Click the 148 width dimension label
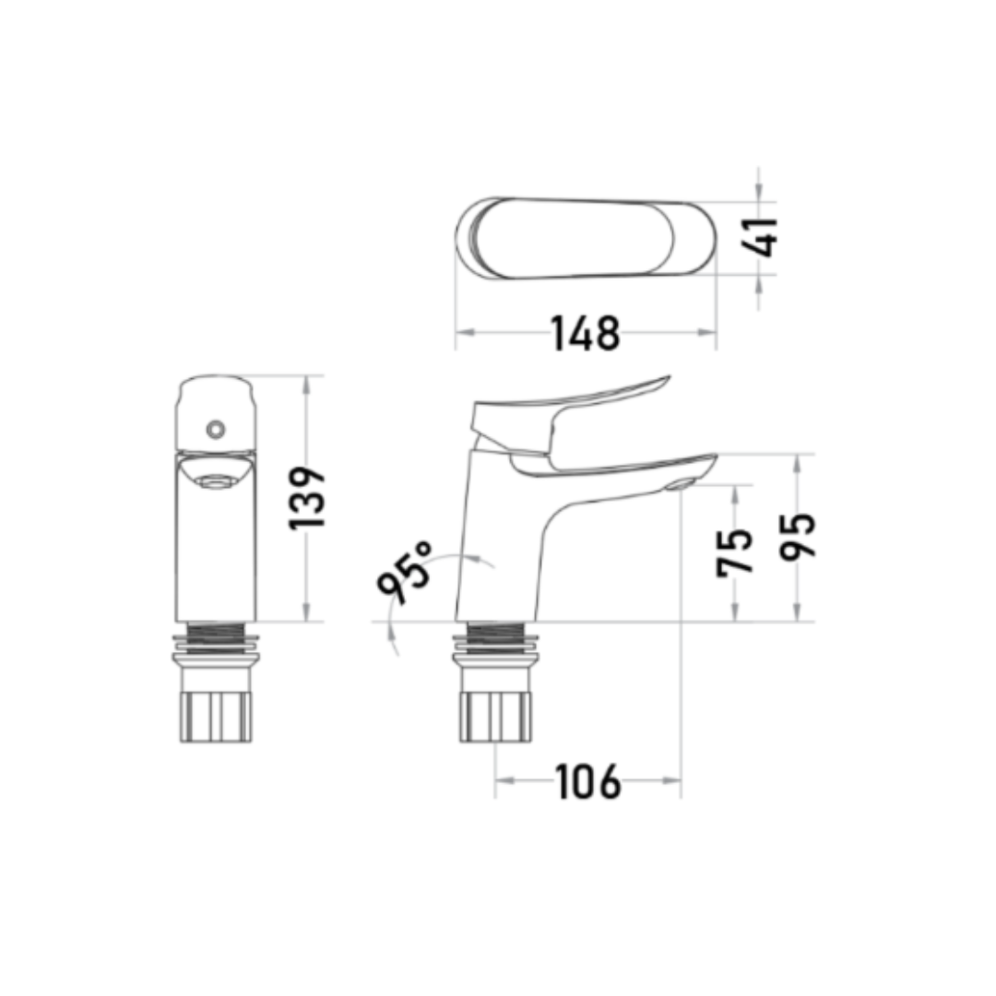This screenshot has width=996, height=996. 585,333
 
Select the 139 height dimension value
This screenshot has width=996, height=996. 307,499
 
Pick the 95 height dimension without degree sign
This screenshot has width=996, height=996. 797,537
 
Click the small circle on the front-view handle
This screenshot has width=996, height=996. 216,430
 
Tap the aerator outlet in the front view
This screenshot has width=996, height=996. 215,481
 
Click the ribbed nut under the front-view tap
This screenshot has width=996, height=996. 216,717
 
